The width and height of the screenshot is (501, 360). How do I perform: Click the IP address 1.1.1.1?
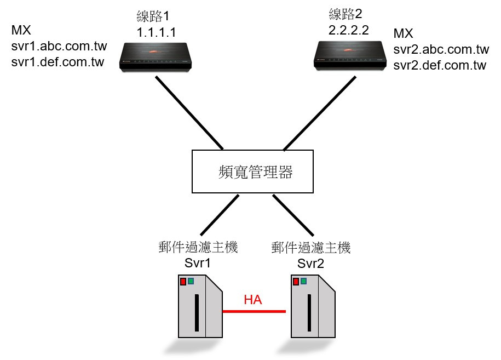(x=157, y=32)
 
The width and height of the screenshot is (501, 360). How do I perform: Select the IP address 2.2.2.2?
(x=349, y=31)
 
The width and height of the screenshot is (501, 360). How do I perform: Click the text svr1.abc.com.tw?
(x=59, y=46)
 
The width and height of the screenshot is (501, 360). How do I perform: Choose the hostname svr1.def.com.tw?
(x=57, y=61)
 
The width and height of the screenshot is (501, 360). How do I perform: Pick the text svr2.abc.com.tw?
(x=441, y=50)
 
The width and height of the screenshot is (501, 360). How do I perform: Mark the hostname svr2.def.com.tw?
(x=440, y=66)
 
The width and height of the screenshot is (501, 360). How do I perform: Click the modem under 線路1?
(x=158, y=56)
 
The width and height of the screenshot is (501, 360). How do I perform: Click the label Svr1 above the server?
(x=198, y=263)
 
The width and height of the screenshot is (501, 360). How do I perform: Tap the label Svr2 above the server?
(x=310, y=264)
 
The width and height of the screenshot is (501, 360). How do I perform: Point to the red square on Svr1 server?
(x=183, y=282)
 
